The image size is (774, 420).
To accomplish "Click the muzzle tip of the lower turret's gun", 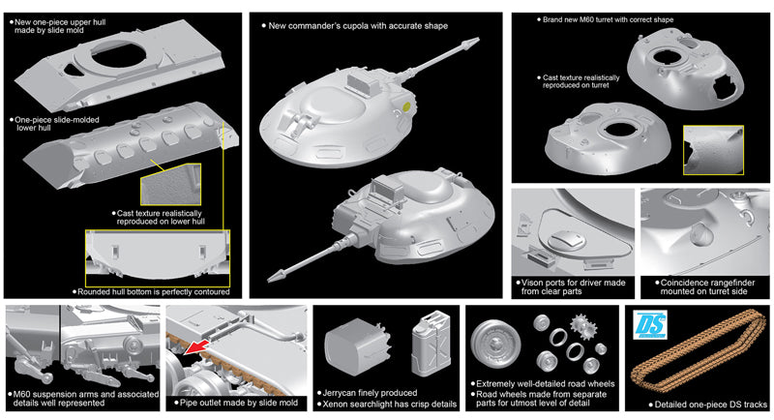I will pos(269,278).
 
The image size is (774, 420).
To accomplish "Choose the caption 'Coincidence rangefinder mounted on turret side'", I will pos(705,286).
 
